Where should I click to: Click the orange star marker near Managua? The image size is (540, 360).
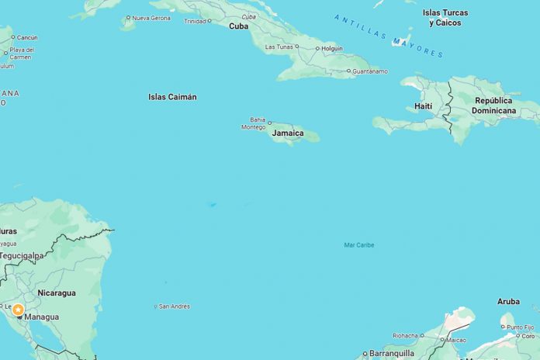coord(18,310)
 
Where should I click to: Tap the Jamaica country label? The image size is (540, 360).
coord(287,133)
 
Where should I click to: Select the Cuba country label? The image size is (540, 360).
coord(238,26)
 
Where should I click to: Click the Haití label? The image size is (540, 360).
coord(424,106)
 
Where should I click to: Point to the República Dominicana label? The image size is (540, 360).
coord(494,106)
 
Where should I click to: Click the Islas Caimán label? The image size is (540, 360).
coord(172,97)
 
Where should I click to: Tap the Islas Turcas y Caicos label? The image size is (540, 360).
coord(442,18)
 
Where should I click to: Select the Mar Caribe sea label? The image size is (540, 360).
coord(358,245)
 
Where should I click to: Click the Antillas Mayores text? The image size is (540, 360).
coord(389,35)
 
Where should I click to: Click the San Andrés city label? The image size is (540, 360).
coord(174,306)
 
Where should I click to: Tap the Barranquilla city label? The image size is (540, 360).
coord(393,353)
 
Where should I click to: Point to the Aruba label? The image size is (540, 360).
coord(508,301)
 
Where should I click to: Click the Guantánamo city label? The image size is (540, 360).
coord(369,71)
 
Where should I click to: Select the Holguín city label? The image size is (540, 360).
coord(332,48)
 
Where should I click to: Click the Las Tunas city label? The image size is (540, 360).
coord(279,47)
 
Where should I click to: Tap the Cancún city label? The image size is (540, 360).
coord(26,37)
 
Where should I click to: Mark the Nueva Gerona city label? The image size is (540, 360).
coord(151,18)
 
